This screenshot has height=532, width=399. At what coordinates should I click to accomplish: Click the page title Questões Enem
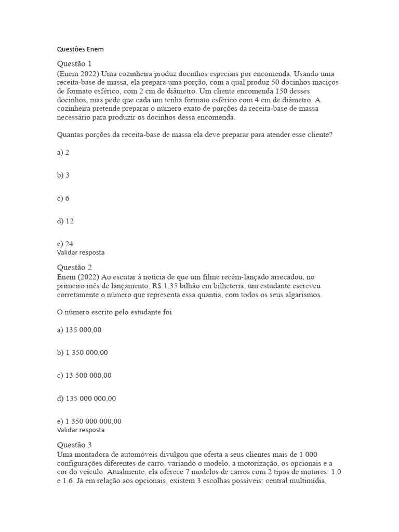click(x=80, y=49)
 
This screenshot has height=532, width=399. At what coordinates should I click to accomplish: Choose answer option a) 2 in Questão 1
click(x=63, y=152)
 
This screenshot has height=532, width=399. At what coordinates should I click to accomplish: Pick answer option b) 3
click(x=63, y=175)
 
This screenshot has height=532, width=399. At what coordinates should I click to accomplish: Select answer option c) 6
click(x=63, y=198)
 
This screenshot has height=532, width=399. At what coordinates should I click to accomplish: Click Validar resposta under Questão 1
click(x=81, y=252)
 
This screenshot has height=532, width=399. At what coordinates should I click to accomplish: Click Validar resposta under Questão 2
click(x=81, y=430)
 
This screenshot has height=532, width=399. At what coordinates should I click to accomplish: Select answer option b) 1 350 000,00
click(x=83, y=353)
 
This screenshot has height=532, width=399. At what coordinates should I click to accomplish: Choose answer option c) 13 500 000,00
click(x=84, y=376)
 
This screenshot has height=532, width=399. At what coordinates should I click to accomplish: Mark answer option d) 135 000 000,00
click(x=86, y=398)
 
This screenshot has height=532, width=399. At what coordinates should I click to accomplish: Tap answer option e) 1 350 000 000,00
click(x=89, y=421)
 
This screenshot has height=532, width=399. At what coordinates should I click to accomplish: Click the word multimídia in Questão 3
click(x=315, y=482)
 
